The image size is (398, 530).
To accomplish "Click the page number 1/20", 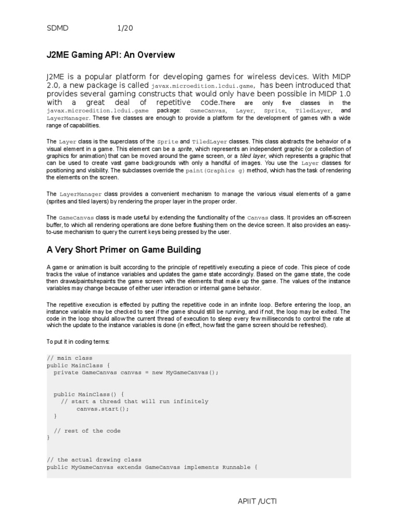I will pyautogui.click(x=125, y=28).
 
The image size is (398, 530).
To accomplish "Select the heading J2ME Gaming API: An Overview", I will pyautogui.click(x=111, y=55).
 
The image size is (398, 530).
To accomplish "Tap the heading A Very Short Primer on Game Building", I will pyautogui.click(x=123, y=250).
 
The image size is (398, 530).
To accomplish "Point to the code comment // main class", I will pyautogui.click(x=69, y=358).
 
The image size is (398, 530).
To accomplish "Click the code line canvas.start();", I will pyautogui.click(x=103, y=408).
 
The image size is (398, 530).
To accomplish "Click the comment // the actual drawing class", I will pyautogui.click(x=94, y=460).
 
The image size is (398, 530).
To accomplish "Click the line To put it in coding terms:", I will pyautogui.click(x=78, y=342).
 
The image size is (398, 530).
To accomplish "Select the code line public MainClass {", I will pyautogui.click(x=78, y=365).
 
